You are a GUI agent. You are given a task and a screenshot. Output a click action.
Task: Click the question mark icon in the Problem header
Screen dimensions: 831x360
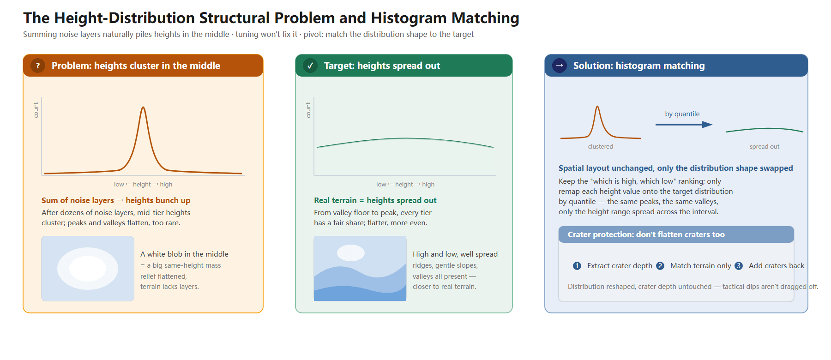(38, 66)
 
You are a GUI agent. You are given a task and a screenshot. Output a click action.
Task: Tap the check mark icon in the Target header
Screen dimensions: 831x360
(310, 66)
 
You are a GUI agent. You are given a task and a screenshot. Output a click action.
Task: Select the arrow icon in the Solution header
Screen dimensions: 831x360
(560, 66)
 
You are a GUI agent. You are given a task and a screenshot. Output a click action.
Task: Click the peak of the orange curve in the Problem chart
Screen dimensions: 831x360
(143, 108)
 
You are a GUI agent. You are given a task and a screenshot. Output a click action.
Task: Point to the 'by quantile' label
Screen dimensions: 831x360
(682, 114)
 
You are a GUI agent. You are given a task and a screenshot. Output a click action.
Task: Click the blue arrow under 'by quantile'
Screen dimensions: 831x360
(684, 124)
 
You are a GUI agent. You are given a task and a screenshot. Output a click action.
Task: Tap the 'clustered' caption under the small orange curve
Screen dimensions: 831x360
(601, 146)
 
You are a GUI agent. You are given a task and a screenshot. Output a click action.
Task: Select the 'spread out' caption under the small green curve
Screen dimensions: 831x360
(764, 146)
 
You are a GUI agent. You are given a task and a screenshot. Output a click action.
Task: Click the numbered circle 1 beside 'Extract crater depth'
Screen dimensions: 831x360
(577, 266)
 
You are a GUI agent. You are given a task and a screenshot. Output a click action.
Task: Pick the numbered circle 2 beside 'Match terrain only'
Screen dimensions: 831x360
(660, 266)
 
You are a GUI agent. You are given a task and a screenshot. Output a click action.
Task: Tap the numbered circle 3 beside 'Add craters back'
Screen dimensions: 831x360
(739, 266)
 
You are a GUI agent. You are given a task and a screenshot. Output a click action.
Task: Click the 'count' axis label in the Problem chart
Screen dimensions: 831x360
(36, 110)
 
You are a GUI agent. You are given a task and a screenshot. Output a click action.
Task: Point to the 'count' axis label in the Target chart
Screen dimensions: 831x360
(308, 110)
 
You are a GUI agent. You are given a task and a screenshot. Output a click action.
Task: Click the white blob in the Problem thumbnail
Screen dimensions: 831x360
(88, 269)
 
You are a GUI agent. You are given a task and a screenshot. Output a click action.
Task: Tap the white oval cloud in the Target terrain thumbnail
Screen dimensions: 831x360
(351, 253)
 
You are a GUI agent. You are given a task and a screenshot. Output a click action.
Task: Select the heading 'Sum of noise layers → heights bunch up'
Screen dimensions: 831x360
(116, 200)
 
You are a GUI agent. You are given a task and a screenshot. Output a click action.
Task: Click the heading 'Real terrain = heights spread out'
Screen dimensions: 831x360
(375, 200)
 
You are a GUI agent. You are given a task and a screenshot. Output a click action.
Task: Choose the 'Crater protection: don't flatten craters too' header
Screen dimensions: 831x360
(646, 234)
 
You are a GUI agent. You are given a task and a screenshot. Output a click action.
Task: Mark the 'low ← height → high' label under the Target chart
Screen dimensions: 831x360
(405, 184)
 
